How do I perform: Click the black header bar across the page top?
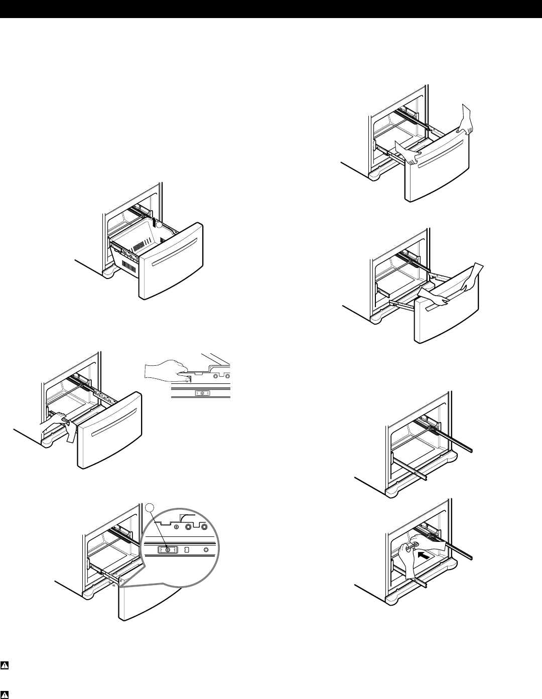point(271,9)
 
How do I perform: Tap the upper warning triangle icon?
point(5,666)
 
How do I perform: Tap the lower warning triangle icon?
point(5,694)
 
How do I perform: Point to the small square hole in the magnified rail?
point(187,550)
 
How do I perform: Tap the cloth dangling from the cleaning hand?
point(70,432)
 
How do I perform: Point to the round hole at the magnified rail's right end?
point(206,550)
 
